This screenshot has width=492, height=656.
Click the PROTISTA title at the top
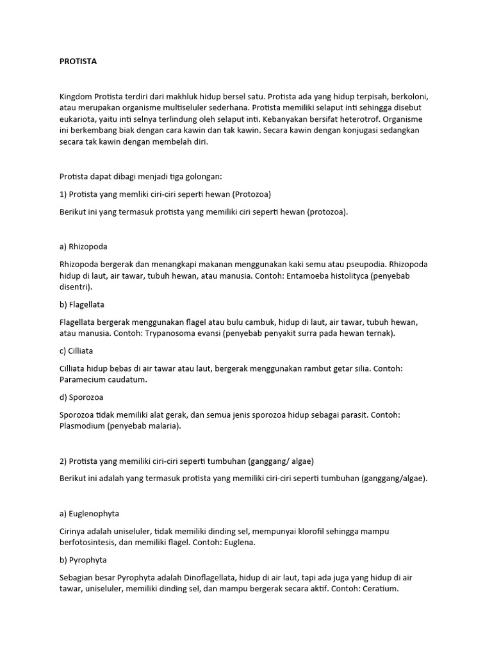(78, 61)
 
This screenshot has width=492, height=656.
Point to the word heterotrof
(341, 120)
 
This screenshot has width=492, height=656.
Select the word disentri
(75, 287)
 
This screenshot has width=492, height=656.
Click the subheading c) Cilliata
(80, 351)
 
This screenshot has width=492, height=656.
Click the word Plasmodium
(82, 426)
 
